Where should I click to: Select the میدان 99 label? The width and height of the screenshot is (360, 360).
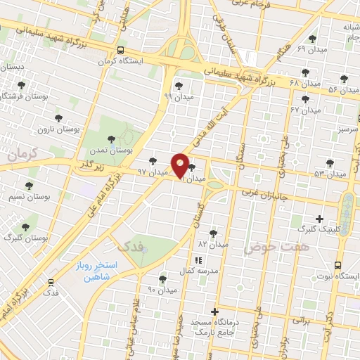coord(177,96)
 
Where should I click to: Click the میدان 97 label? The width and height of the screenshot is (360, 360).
coord(153,172)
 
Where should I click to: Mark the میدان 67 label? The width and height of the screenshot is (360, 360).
coord(304,110)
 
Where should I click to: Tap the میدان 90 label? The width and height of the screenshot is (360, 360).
coord(162,289)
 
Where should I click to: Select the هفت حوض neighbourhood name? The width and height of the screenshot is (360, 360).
coord(271,248)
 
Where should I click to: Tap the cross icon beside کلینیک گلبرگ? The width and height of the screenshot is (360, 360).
coord(320,219)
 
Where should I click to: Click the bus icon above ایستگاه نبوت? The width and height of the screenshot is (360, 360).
coord(338,264)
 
